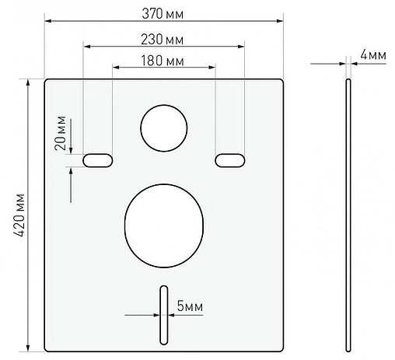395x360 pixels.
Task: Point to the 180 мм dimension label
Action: point(163,60)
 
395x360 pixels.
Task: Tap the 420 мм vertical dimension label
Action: point(21,215)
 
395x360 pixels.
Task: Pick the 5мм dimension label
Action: point(189,308)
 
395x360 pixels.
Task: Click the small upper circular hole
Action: point(163,127)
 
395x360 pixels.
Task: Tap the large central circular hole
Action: point(163,223)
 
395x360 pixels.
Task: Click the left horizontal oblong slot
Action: point(98,159)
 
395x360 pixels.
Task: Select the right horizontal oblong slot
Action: point(229,159)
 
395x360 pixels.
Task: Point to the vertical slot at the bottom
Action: point(163,315)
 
